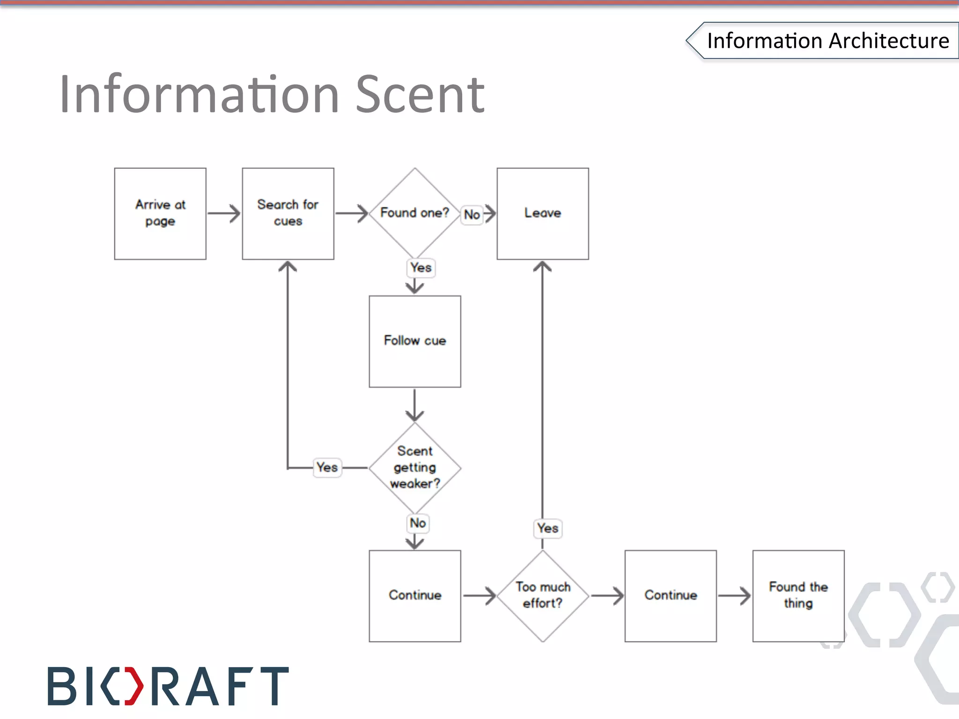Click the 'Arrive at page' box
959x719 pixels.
[x=160, y=213]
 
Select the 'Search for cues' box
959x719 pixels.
[x=288, y=213]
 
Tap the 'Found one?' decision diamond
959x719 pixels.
[x=414, y=213]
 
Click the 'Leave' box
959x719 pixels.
[x=543, y=213]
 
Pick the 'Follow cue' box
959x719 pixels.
[x=415, y=341]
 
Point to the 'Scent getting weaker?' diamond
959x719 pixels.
[x=415, y=468]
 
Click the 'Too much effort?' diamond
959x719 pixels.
[x=543, y=595]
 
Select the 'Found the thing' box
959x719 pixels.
[x=798, y=595]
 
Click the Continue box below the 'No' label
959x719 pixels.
[x=415, y=595]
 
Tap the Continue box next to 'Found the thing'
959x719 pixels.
[x=671, y=595]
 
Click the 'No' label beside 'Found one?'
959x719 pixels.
[x=472, y=215]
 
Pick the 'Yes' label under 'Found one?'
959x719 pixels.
[x=420, y=268]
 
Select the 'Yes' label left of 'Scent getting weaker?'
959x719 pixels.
[x=327, y=467]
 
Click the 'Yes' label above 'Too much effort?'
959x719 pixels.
[x=547, y=528]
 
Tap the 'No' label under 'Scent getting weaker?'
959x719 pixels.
[x=418, y=523]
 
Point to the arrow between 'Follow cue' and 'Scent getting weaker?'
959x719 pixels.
[x=415, y=405]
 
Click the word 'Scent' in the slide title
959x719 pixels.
[x=420, y=95]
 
